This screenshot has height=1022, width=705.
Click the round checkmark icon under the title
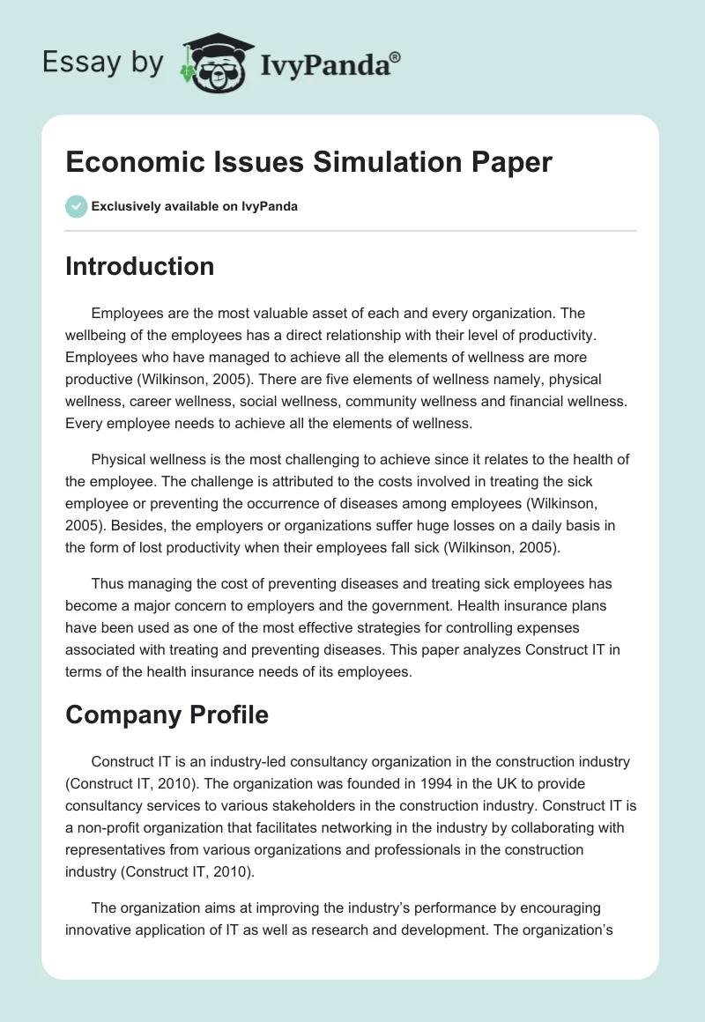point(76,206)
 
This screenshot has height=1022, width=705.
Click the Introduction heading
point(139,266)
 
